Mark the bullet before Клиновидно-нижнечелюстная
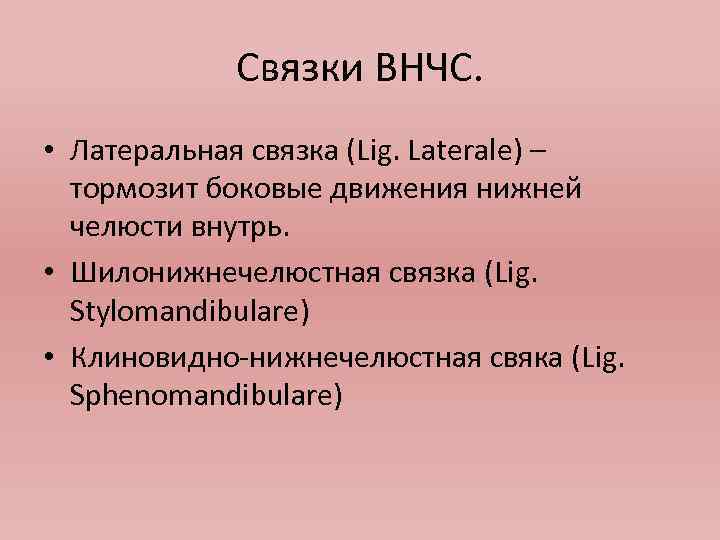point(48,359)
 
